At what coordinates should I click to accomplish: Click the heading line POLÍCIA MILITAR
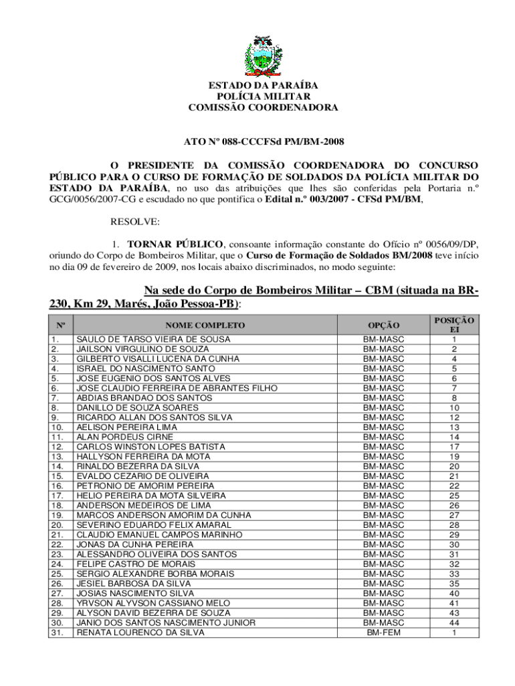click(263, 96)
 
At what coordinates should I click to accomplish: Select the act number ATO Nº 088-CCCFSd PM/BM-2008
click(264, 141)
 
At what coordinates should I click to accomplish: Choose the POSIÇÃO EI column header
click(454, 326)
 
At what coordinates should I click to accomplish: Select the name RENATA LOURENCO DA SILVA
click(140, 632)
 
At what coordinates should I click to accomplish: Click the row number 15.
click(57, 476)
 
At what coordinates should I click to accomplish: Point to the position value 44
click(454, 623)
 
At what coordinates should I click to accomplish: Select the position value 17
click(454, 447)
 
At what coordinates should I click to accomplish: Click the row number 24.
click(57, 564)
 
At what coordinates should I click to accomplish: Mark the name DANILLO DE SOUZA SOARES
click(138, 408)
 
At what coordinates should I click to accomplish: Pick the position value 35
click(454, 584)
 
